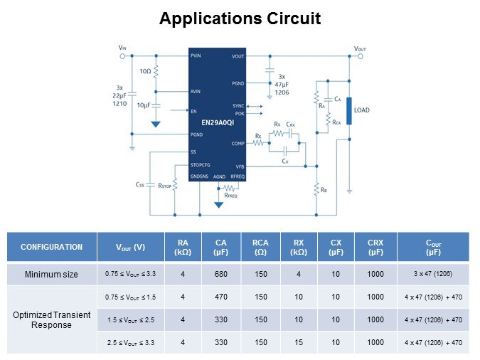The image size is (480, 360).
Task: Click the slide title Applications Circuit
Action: (240, 18)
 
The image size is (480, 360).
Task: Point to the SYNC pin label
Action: (238, 105)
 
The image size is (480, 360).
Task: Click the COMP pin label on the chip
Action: (238, 144)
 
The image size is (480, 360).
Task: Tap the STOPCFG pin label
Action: (201, 164)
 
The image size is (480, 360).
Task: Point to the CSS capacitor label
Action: (140, 184)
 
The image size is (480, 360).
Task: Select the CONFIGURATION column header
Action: (51, 247)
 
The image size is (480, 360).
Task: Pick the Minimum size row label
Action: (51, 274)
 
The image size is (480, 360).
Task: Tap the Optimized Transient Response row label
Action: (51, 319)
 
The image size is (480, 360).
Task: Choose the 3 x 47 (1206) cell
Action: (432, 274)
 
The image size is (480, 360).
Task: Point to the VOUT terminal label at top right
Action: (363, 48)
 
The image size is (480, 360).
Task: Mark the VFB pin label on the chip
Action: (240, 166)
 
